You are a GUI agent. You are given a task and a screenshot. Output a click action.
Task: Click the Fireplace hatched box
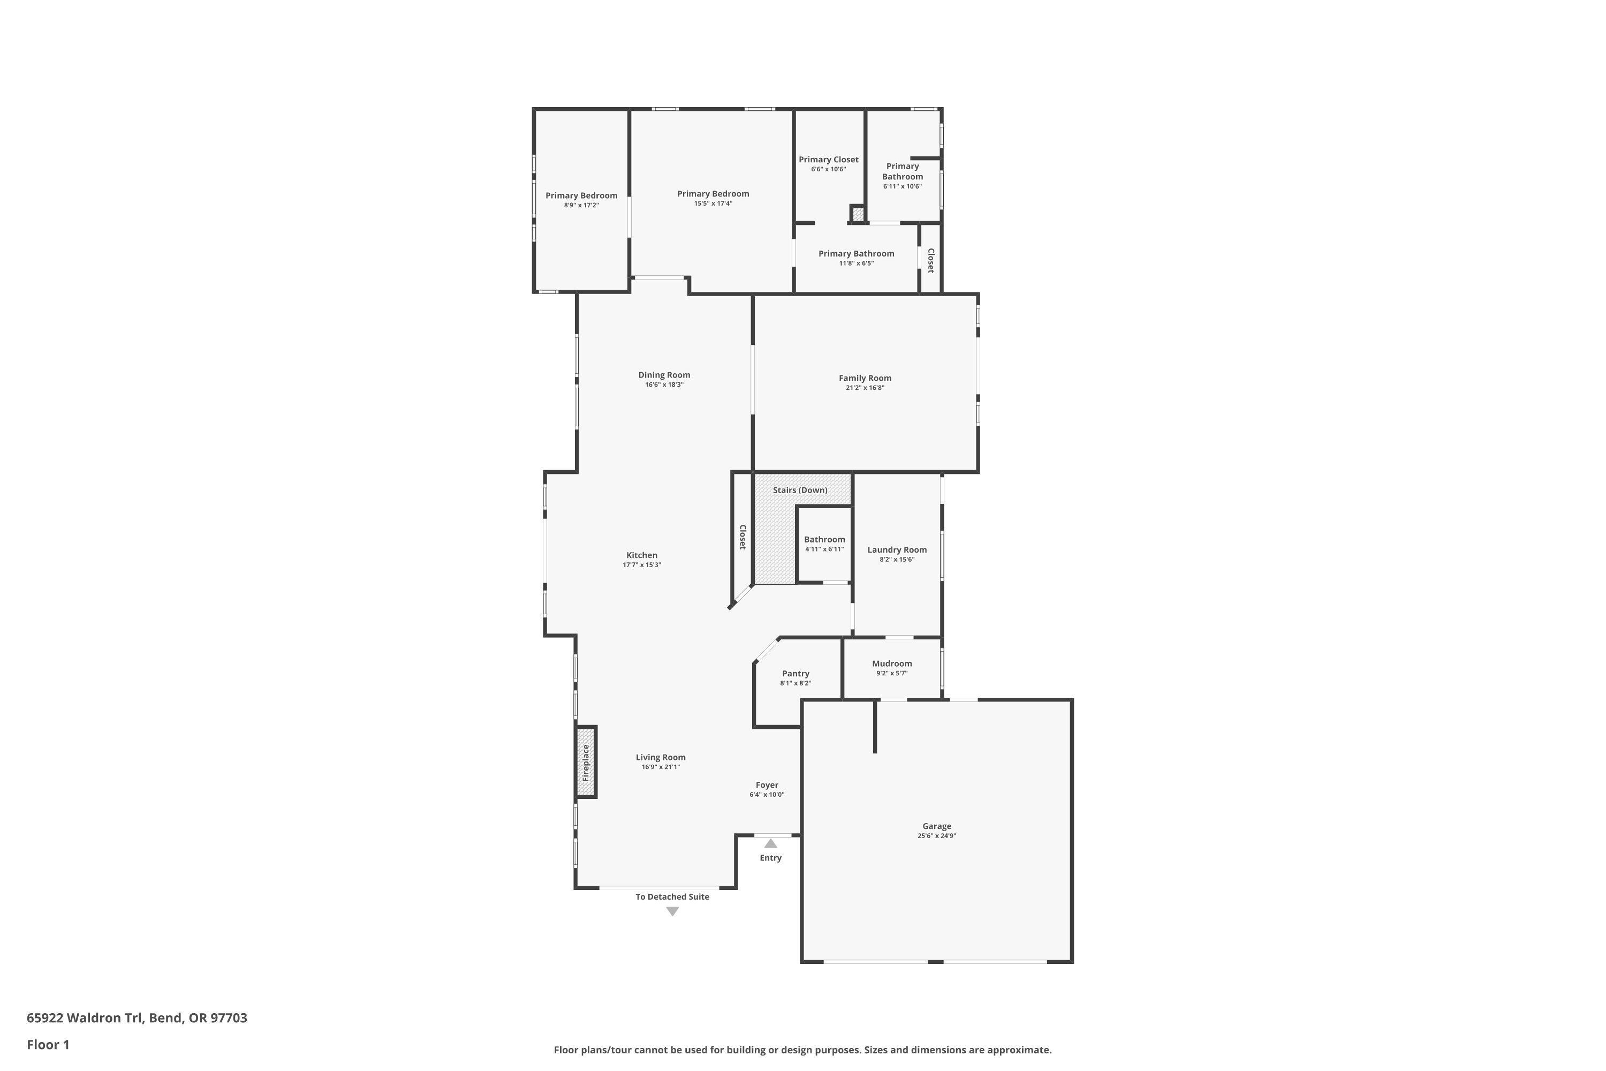coord(585,761)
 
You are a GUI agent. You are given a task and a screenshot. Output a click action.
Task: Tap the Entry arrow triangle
coord(770,843)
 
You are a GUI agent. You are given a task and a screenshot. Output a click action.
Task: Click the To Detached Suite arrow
coord(672,911)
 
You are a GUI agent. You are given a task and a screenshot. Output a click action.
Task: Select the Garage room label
coord(936,826)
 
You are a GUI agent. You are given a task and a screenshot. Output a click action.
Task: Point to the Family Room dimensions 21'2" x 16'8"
coord(865,388)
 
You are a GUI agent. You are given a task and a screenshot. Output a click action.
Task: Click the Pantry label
coord(796,674)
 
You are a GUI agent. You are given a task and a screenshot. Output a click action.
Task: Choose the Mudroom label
coord(892,663)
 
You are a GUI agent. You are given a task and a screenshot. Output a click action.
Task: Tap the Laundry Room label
coord(897,550)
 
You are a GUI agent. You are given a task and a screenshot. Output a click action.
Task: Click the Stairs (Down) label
coord(800,490)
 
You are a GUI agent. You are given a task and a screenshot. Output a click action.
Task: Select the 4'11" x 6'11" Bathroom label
coord(824,540)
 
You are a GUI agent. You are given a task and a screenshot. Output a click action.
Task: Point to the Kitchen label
coord(641,555)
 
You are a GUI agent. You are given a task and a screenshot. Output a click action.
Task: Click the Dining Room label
coord(664,375)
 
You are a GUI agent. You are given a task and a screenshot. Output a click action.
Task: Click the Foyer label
coord(767,785)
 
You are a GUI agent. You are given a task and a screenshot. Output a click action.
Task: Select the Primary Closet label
coord(828,160)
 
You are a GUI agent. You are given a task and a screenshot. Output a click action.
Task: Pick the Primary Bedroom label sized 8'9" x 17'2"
coord(581,196)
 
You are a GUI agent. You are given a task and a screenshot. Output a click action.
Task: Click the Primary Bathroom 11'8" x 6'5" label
coord(856,254)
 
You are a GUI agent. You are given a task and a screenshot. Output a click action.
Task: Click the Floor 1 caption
coord(48,1044)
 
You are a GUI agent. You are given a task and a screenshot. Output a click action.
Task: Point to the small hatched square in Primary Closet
coord(858,214)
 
